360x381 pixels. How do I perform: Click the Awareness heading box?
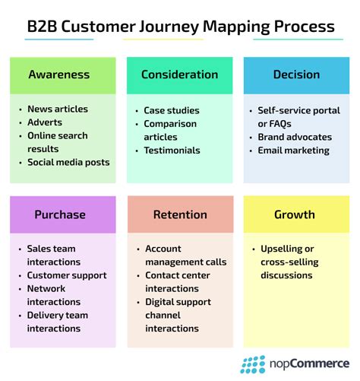tap(63, 75)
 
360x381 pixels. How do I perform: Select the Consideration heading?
tap(180, 75)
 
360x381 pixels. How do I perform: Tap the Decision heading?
tap(297, 75)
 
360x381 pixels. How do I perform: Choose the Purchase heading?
tap(63, 214)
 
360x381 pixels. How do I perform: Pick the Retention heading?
tap(180, 214)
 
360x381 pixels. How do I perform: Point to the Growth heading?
tap(297, 214)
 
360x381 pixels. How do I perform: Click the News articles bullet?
tap(58, 110)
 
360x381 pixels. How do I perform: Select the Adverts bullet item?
tap(46, 122)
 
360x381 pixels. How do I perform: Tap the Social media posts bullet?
tap(68, 162)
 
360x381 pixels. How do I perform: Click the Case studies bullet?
tap(172, 110)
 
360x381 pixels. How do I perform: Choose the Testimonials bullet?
tap(172, 150)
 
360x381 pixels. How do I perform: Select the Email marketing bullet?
tap(293, 150)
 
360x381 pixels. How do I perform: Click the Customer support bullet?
tap(67, 275)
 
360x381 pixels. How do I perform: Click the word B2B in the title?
tap(44, 27)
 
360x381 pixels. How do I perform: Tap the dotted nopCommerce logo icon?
tap(253, 364)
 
